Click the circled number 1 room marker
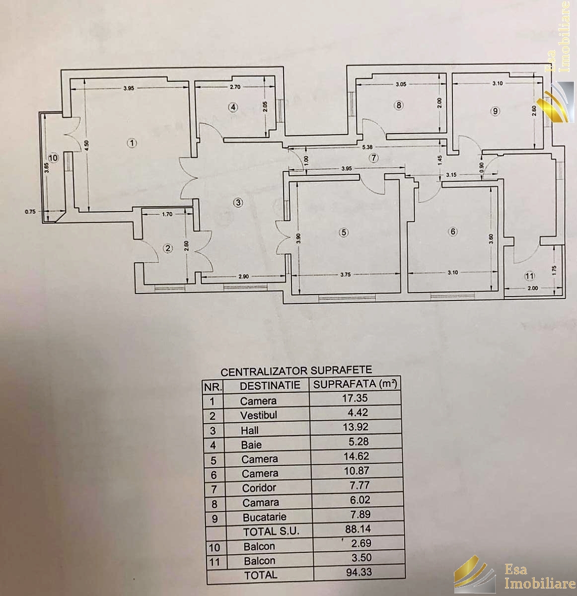coord(132,143)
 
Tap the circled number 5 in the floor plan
coord(344,232)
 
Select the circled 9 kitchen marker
coord(496,111)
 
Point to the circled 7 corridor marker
coord(373,158)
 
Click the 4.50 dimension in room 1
coord(86,145)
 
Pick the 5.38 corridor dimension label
coord(367,148)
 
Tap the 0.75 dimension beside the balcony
coord(30,211)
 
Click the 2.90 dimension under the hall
coord(243,277)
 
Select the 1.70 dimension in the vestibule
coord(167,215)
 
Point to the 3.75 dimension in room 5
coord(346,275)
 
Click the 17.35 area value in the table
coord(355,398)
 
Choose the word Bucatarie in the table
coord(264,518)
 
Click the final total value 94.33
coord(359,572)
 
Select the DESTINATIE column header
coord(270,385)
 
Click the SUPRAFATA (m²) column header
coord(355,384)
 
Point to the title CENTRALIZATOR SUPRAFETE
coord(296,371)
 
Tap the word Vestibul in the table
coord(259,415)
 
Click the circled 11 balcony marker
coord(529,276)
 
